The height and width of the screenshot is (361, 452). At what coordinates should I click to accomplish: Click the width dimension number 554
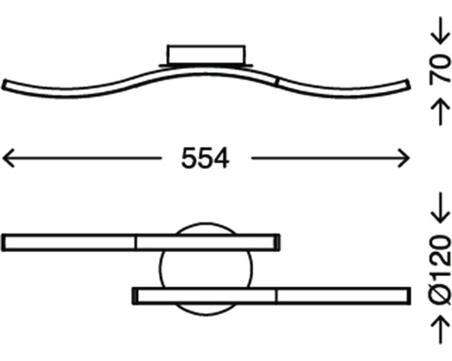205,159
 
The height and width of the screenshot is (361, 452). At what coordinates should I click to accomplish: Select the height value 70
437,68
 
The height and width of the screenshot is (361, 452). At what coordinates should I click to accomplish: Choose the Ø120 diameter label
437,268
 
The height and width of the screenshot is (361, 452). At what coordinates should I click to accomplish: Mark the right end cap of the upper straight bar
277,242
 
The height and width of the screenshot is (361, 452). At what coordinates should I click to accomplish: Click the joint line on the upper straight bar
136,242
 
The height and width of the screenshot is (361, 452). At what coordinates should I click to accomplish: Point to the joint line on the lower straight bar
276,295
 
